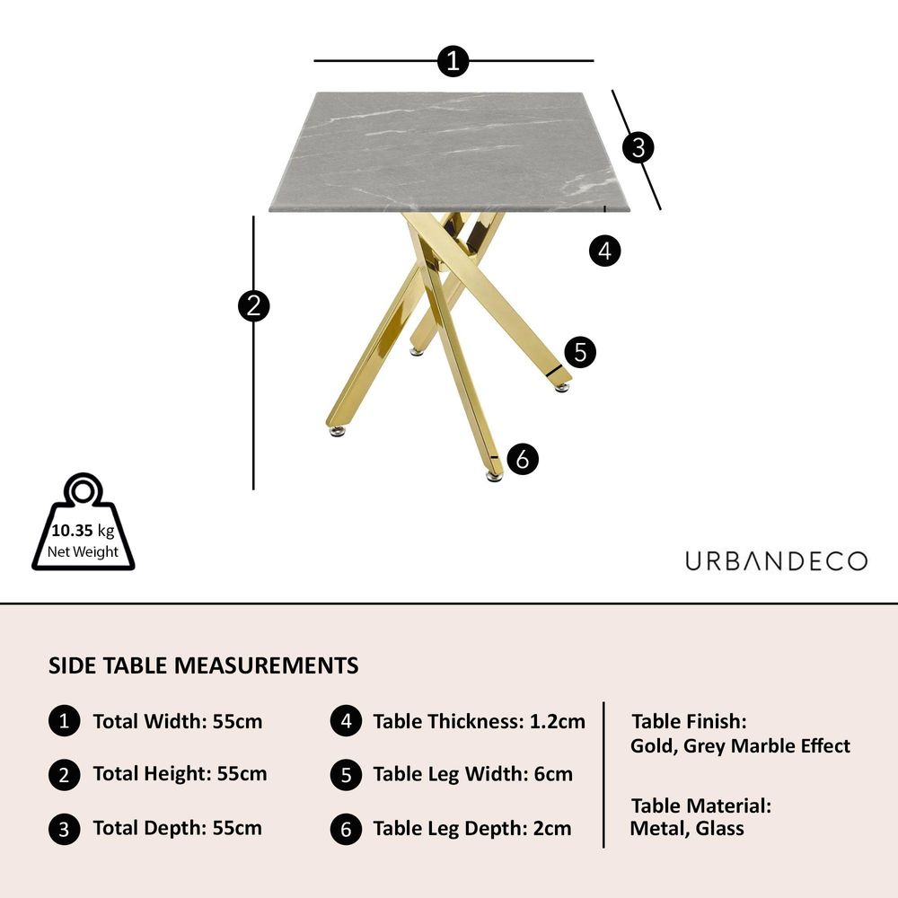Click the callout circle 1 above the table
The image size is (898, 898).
(453, 61)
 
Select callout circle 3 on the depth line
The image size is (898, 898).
(638, 147)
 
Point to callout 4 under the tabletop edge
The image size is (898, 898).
(604, 251)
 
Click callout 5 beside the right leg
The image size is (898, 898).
(580, 352)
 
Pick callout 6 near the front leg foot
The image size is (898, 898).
(523, 459)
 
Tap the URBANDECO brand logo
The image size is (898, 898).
(776, 561)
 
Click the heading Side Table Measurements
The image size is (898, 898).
(203, 665)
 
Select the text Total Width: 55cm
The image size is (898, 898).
(178, 721)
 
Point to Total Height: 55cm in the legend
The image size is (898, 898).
(180, 774)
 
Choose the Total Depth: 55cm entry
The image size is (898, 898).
(178, 828)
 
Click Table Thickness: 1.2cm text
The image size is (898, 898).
(480, 721)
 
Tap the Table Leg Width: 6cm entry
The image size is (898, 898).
(473, 774)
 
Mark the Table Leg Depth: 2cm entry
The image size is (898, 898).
(472, 828)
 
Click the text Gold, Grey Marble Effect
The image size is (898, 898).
(740, 746)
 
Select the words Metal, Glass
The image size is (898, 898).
(687, 828)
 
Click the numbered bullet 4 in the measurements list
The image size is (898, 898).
(346, 721)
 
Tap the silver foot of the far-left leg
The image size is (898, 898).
(338, 431)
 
